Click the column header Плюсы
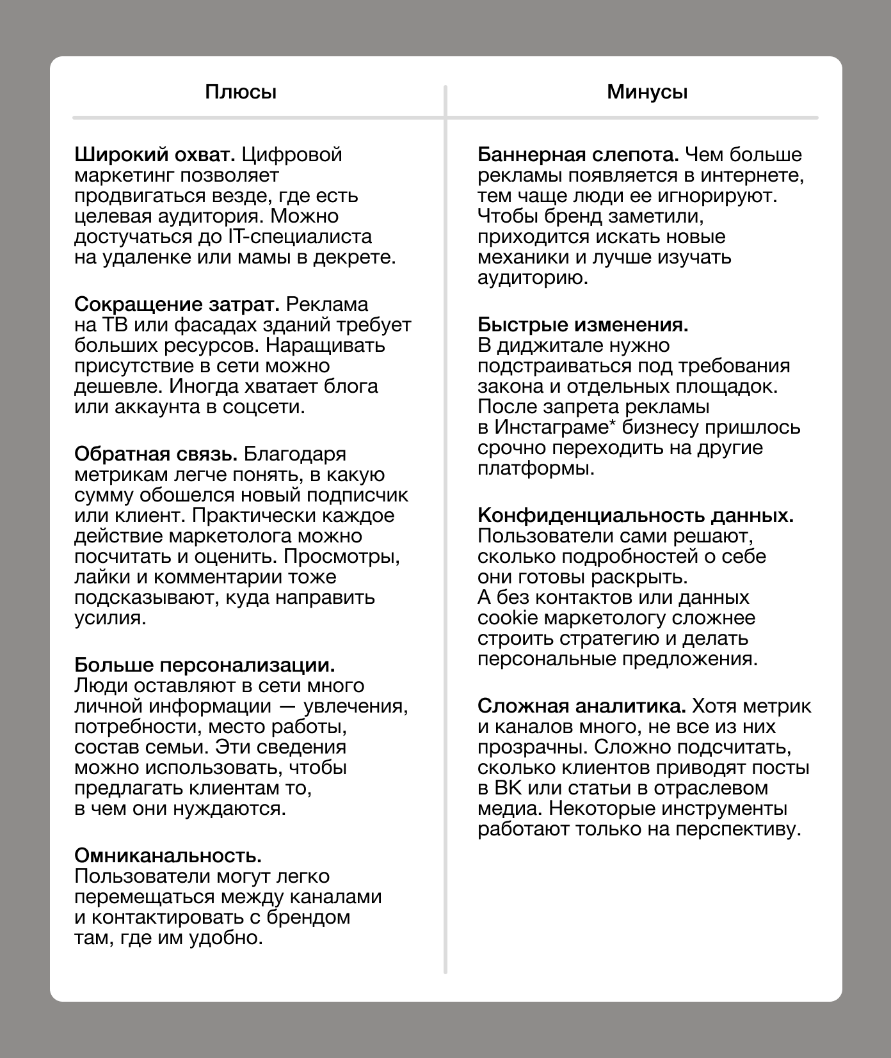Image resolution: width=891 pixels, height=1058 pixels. (x=241, y=92)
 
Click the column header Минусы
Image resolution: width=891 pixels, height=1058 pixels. (x=647, y=92)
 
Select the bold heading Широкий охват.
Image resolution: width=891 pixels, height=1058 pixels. (x=156, y=155)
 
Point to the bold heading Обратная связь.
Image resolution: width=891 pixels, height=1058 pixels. (x=156, y=454)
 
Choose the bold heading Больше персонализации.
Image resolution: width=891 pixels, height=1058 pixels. (x=205, y=665)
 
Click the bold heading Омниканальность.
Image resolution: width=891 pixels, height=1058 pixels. (x=168, y=855)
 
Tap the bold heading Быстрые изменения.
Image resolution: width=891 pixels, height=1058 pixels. (x=583, y=324)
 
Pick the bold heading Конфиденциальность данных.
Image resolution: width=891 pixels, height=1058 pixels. (x=636, y=515)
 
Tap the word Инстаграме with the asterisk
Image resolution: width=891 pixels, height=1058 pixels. (x=551, y=427)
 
